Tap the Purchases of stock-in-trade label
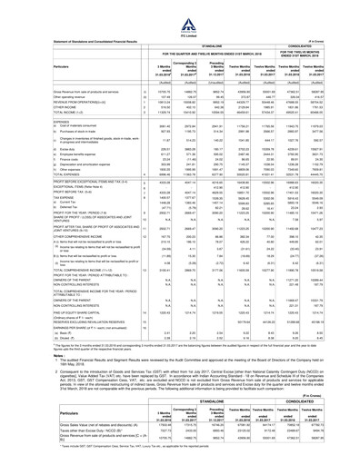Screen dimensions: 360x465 coord(41,164)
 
